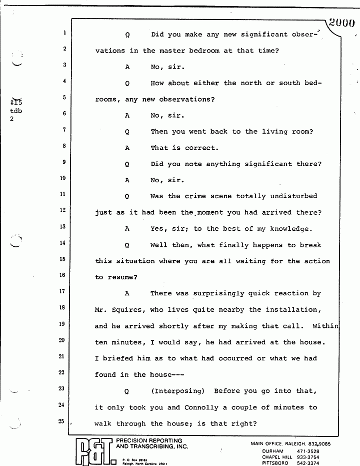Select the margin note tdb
[x=16, y=112]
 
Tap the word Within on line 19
[x=325, y=326]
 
